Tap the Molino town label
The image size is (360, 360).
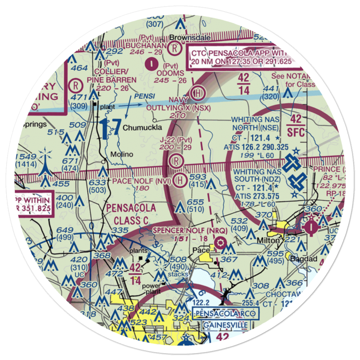[x=121, y=154]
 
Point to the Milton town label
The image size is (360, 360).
[x=268, y=240]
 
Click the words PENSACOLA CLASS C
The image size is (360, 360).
[x=131, y=214]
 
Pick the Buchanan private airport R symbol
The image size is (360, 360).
[x=174, y=47]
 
